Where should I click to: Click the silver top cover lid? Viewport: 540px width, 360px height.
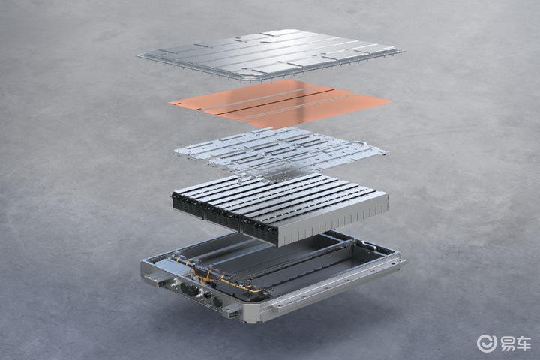pos(270,54)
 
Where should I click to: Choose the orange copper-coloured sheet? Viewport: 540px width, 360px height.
pos(280,103)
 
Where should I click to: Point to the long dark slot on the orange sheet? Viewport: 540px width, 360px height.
pos(272,102)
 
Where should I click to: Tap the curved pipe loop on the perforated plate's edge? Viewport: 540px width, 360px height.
pos(358,144)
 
